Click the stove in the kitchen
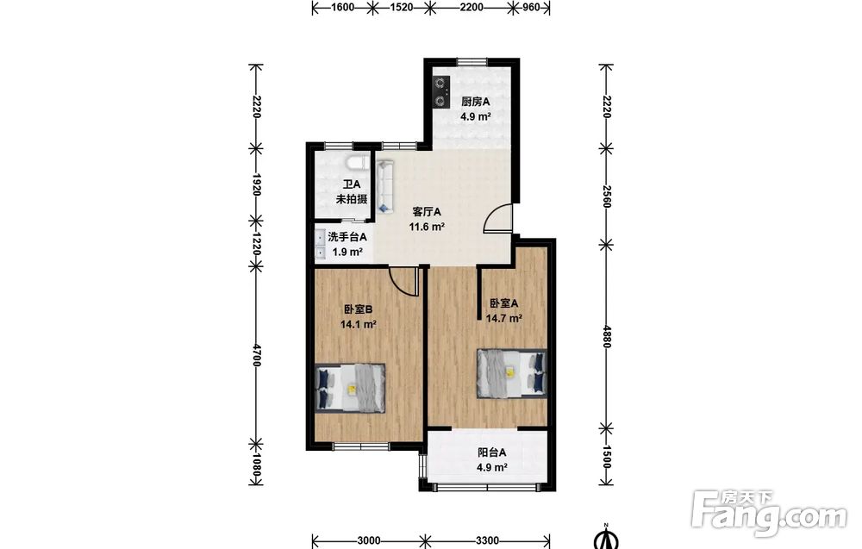(x=440, y=91)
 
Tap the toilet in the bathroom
(x=358, y=162)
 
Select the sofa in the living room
(x=384, y=187)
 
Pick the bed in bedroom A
(x=512, y=372)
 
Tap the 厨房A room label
(x=476, y=102)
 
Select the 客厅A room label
(x=427, y=211)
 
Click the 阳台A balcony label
(x=492, y=452)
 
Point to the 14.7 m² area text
(x=503, y=318)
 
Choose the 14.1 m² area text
(x=359, y=324)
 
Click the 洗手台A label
(x=347, y=237)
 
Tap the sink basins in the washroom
(x=320, y=245)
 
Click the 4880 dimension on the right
(x=606, y=336)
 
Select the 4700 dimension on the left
(x=256, y=355)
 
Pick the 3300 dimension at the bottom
(x=488, y=540)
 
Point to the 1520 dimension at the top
(x=401, y=7)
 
